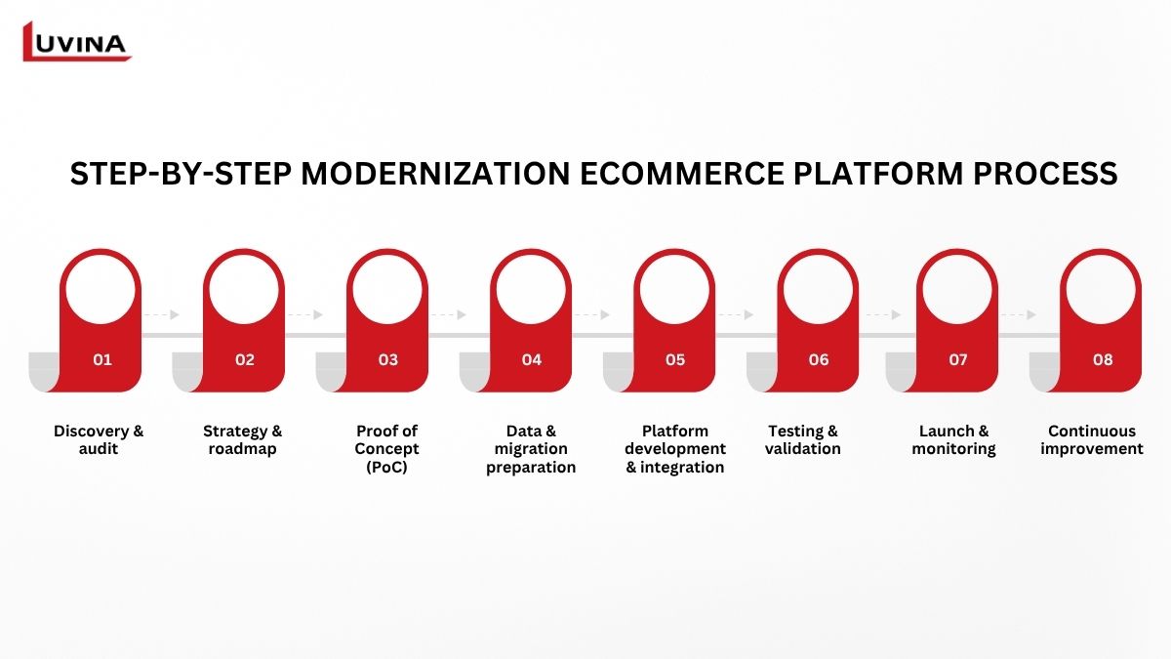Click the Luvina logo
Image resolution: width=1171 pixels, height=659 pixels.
(x=76, y=41)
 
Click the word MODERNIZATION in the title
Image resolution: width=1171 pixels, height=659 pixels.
(x=435, y=174)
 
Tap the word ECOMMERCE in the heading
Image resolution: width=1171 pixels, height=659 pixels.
(x=682, y=174)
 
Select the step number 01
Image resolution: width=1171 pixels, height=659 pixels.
(x=102, y=360)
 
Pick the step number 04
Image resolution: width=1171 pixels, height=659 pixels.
(x=532, y=360)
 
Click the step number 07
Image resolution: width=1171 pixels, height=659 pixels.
(x=958, y=360)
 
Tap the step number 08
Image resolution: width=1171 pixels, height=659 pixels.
(x=1103, y=360)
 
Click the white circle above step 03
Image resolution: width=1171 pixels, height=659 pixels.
(x=387, y=289)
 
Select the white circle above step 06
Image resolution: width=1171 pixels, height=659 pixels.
(x=818, y=289)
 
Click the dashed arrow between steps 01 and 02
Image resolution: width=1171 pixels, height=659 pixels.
(x=161, y=314)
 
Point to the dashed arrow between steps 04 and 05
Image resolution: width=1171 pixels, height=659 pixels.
(x=591, y=314)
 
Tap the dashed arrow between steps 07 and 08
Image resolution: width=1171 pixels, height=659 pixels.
(x=1018, y=314)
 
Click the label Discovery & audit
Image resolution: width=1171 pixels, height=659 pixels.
(x=99, y=440)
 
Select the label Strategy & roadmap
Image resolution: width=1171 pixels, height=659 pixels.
(x=243, y=440)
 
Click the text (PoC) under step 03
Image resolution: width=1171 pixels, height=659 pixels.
(x=386, y=467)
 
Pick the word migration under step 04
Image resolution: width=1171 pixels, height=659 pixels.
(x=531, y=449)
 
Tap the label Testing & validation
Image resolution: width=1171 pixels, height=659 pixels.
(x=803, y=440)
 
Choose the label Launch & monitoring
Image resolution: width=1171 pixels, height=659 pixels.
(x=953, y=440)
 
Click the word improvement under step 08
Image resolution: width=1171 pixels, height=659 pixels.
(x=1092, y=449)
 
